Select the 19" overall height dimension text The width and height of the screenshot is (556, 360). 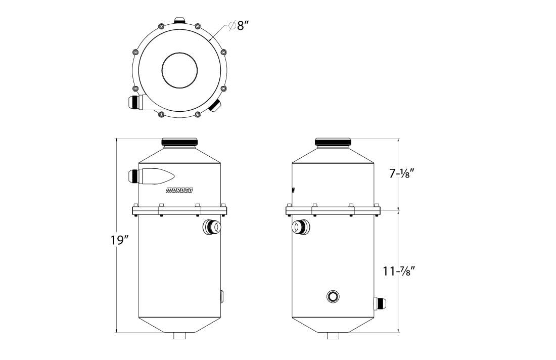[x=119, y=240]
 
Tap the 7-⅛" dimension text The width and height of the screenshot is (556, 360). [x=402, y=174]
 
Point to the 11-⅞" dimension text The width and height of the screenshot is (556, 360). [x=399, y=272]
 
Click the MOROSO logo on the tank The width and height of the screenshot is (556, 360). [x=179, y=191]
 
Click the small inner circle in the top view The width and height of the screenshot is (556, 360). [x=179, y=70]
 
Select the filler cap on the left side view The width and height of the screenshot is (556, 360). [x=179, y=142]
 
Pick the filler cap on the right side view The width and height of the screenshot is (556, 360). [x=333, y=142]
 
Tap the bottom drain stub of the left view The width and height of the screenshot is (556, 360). [x=179, y=335]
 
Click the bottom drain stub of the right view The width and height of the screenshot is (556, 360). [x=333, y=335]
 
